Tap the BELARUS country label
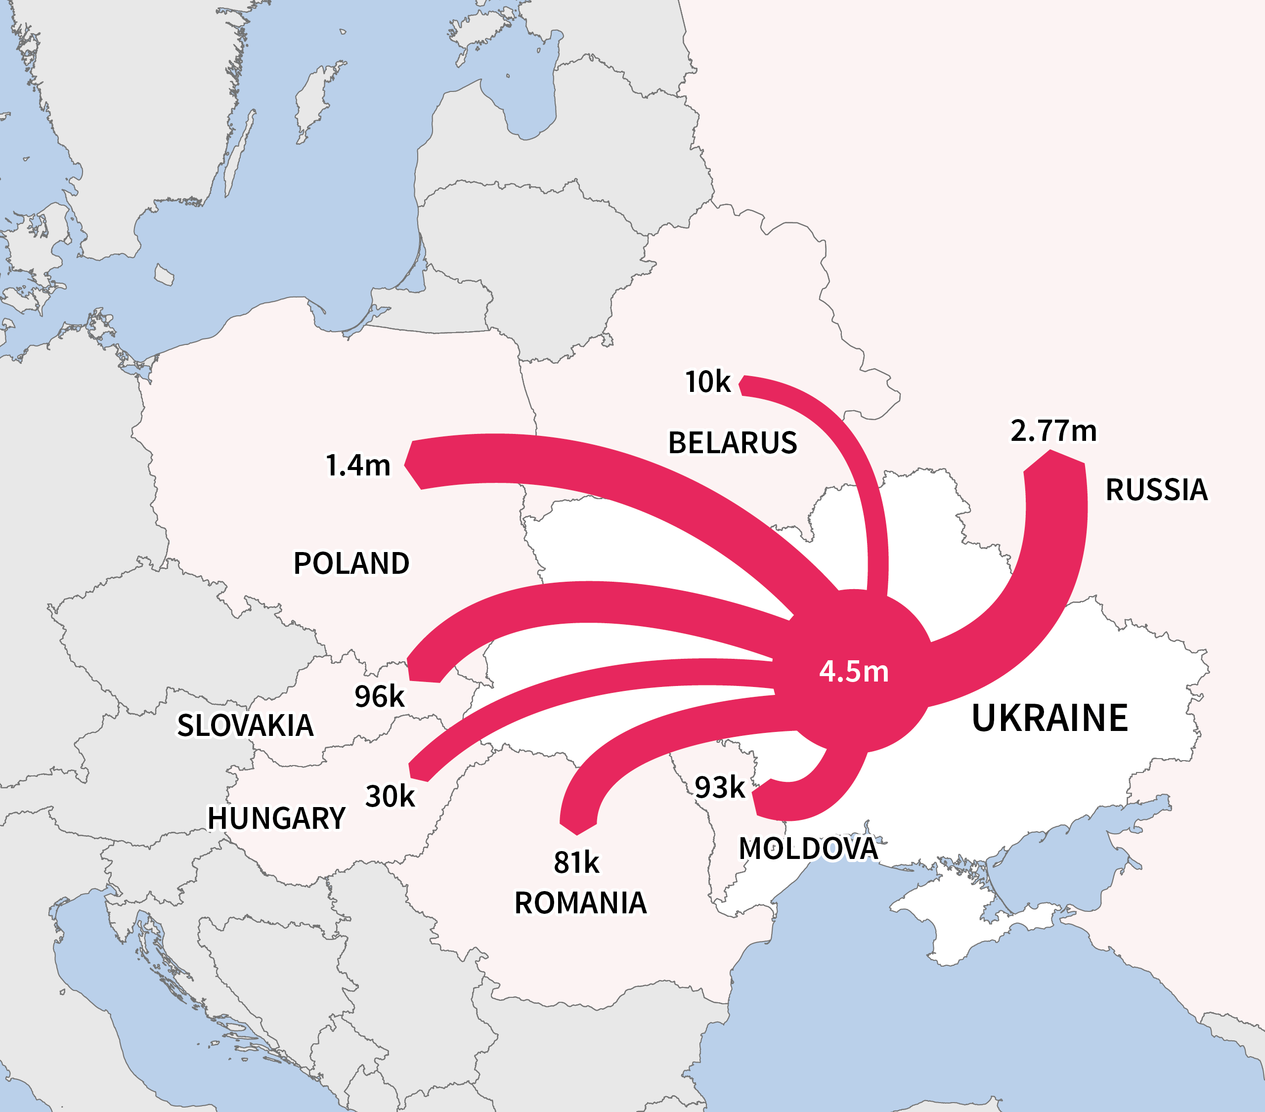click(732, 443)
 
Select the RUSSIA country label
click(1156, 490)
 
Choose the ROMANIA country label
click(580, 903)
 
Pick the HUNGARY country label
click(276, 818)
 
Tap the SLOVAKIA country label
click(245, 725)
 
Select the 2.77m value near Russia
click(1053, 430)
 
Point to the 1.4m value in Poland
click(358, 466)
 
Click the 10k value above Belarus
click(707, 382)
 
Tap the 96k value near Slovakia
click(379, 697)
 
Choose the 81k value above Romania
click(576, 862)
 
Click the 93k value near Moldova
click(719, 788)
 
